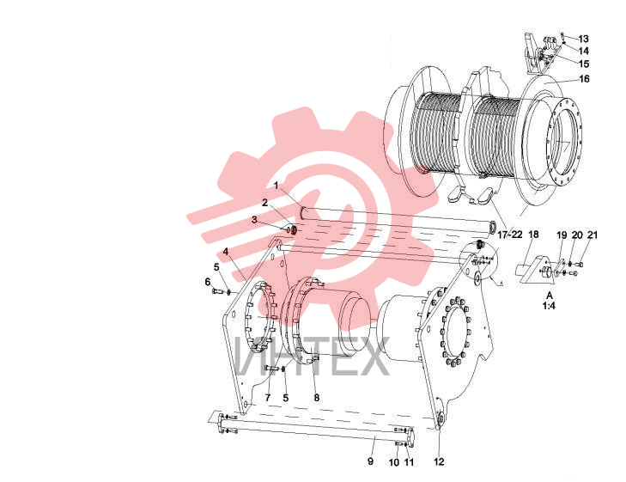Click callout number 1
(276, 186)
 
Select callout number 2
(264, 203)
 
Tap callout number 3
(254, 220)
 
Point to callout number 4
(226, 252)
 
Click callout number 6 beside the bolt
(208, 282)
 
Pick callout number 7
(267, 397)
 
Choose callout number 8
(317, 397)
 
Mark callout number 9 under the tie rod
(370, 461)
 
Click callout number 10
(394, 462)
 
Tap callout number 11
(409, 462)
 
